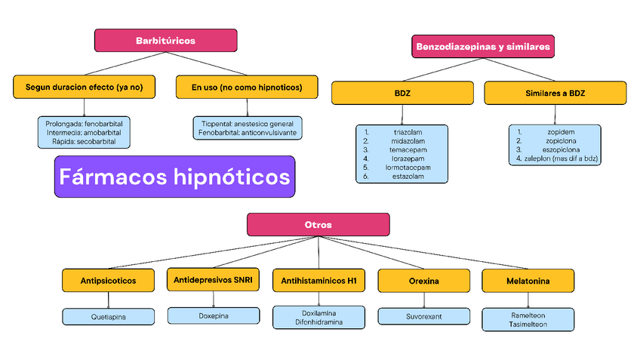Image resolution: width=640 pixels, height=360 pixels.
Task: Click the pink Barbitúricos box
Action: tap(165, 40)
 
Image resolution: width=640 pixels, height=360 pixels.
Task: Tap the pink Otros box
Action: tap(318, 225)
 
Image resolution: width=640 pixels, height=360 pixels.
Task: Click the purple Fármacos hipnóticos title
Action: tap(174, 177)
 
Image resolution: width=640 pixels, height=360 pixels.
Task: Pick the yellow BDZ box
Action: tap(402, 93)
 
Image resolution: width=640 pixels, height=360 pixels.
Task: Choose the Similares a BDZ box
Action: tap(555, 93)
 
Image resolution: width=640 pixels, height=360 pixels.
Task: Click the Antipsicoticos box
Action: tap(108, 281)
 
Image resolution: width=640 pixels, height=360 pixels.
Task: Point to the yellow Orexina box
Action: tap(423, 281)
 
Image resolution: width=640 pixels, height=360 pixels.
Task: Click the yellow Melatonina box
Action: tap(528, 281)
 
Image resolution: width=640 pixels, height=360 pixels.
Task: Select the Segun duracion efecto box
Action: tap(84, 88)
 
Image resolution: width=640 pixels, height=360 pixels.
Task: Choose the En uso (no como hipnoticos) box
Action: tap(247, 88)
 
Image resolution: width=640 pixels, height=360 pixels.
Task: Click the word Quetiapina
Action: tap(108, 317)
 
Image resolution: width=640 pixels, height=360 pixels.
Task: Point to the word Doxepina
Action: tap(212, 315)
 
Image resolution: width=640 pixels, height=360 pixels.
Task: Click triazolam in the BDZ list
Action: tap(408, 131)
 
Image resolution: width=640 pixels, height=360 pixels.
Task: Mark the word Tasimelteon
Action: tap(528, 325)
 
